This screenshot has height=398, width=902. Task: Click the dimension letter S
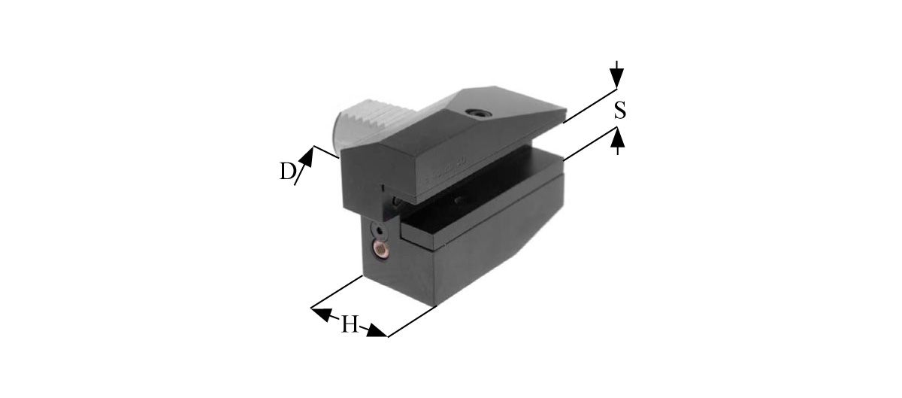619,111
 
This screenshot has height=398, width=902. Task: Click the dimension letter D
286,172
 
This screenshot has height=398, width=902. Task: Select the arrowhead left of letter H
322,313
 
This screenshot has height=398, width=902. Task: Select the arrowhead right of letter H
377,332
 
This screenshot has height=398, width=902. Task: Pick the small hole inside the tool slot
458,201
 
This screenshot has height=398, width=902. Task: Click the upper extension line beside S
589,105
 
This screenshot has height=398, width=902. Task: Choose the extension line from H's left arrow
338,292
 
